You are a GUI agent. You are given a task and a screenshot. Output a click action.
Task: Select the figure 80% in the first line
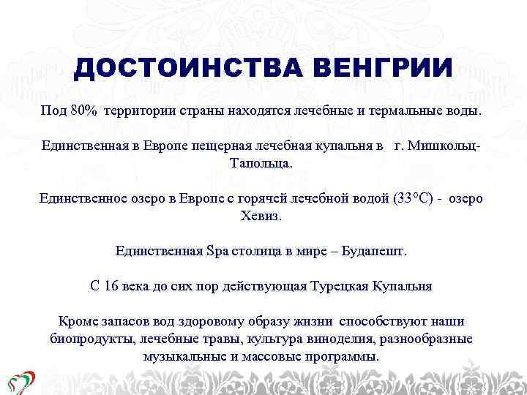[x=84, y=110]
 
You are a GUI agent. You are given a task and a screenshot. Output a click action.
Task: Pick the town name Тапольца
[x=261, y=162]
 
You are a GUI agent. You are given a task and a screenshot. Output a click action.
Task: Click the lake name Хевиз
[x=261, y=216]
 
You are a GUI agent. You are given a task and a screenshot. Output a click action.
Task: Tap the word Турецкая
[x=340, y=286]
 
